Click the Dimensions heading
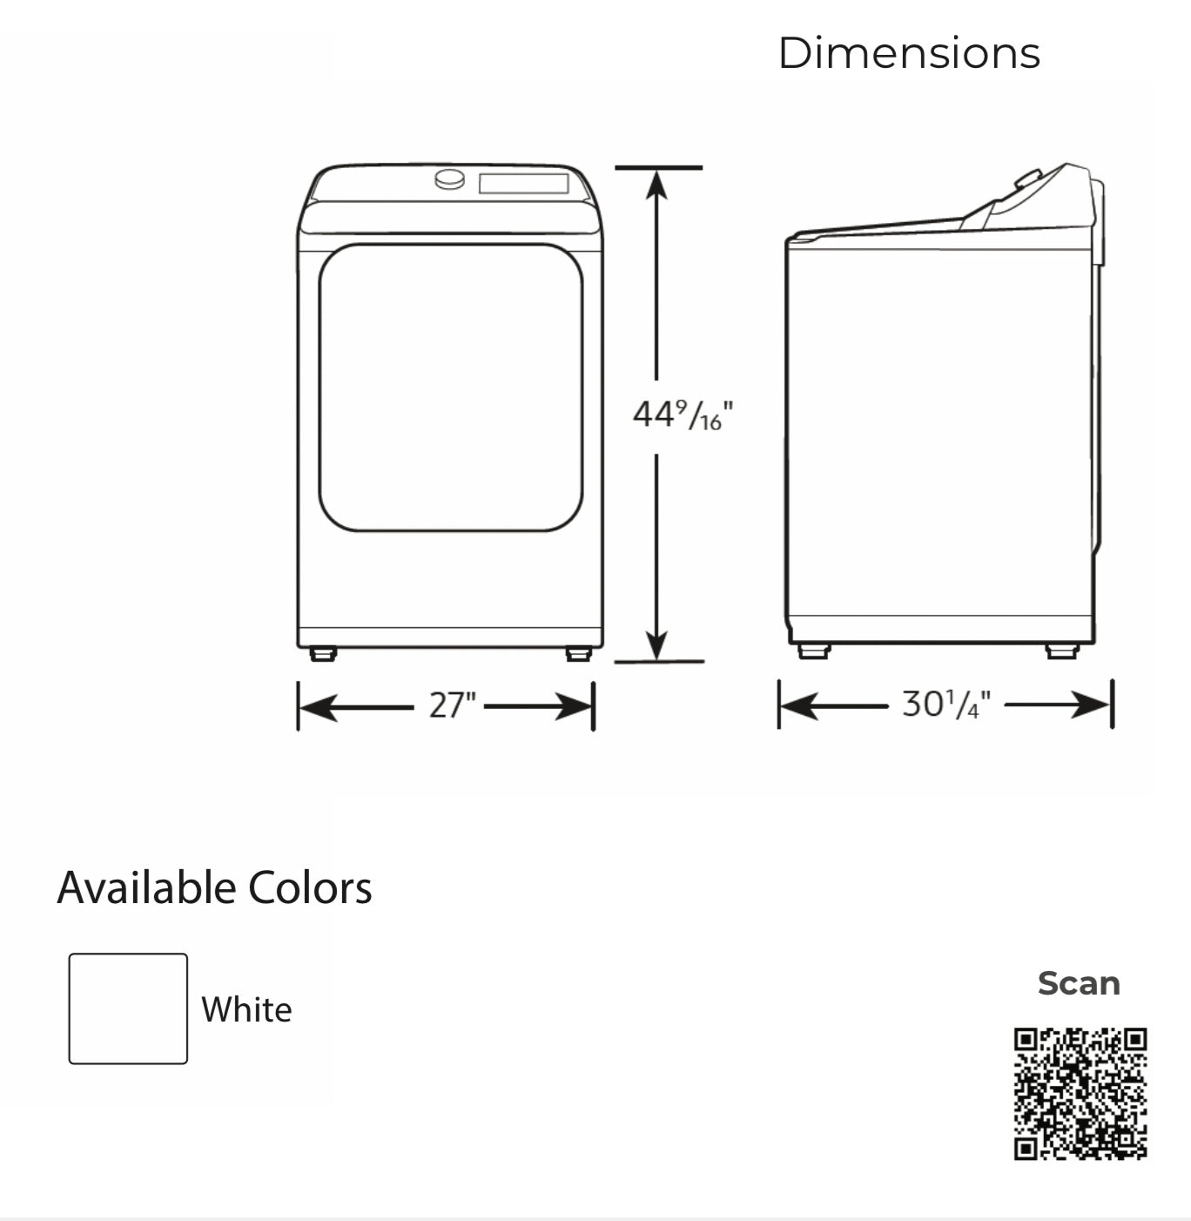pyautogui.click(x=909, y=53)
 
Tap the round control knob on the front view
pyautogui.click(x=450, y=179)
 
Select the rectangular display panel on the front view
pyautogui.click(x=524, y=183)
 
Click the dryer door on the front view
pyautogui.click(x=450, y=388)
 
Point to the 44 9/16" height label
pyautogui.click(x=683, y=415)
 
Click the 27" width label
pyautogui.click(x=452, y=705)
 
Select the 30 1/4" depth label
pyautogui.click(x=946, y=704)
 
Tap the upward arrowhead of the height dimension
pyautogui.click(x=656, y=185)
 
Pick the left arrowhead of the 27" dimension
pyautogui.click(x=319, y=707)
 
